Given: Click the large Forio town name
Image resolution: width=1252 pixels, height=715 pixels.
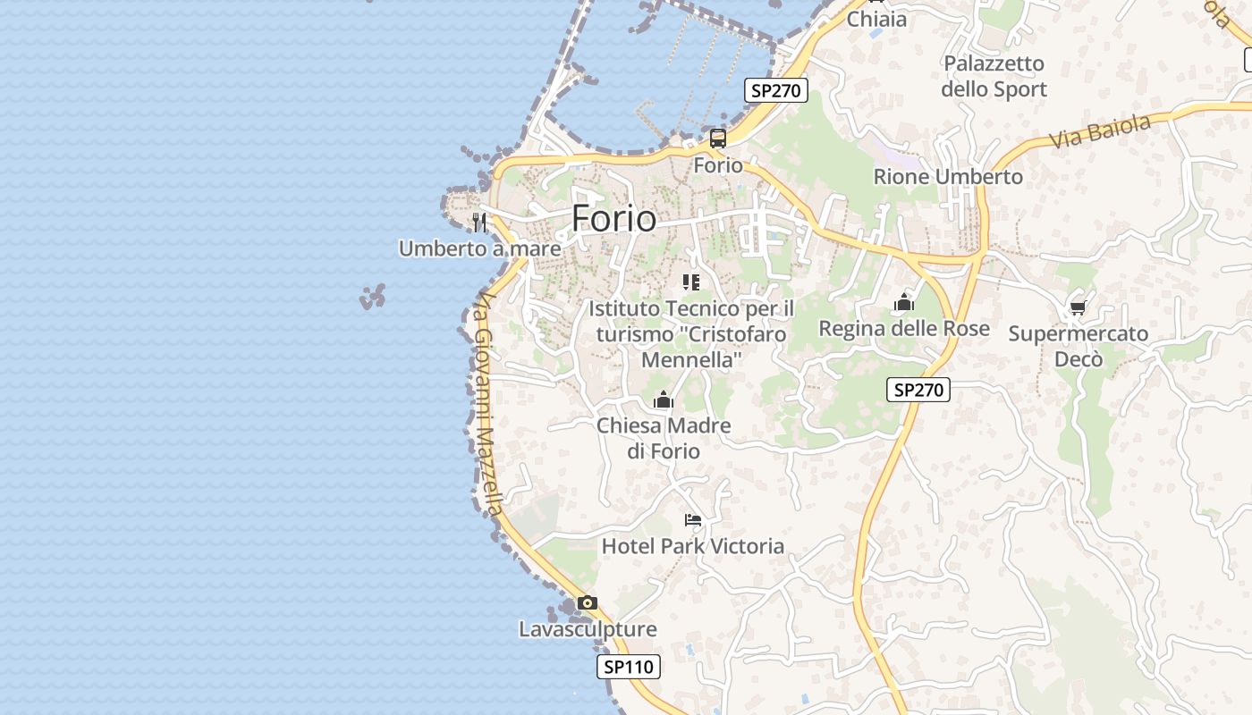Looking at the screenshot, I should coord(613,219).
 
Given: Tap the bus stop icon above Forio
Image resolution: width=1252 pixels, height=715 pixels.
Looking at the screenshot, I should coord(718,139).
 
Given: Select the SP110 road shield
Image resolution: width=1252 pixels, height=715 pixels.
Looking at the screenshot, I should coord(629,667).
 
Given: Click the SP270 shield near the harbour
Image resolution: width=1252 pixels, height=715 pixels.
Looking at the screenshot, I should coord(776,90).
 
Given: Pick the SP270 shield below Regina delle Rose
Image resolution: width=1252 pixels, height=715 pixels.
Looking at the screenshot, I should coord(918,390).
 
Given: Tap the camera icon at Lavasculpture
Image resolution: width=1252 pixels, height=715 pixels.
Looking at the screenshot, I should coord(587,602).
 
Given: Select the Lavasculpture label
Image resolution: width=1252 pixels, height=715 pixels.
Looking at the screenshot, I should coord(588,629).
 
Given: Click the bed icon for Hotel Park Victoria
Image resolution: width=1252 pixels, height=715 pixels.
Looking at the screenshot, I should coord(692,519).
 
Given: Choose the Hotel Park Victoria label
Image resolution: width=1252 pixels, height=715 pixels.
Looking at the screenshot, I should coord(693,546).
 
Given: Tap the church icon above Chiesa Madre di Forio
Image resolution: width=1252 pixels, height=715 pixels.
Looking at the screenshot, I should coord(664,400).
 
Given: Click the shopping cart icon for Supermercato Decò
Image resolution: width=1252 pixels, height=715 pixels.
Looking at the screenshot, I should coord(1078,307).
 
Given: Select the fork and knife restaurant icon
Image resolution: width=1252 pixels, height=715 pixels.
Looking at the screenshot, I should coord(479,222).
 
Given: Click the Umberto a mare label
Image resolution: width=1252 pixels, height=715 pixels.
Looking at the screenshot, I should coord(479,248).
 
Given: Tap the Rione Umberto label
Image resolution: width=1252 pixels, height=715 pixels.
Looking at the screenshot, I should coord(948,177).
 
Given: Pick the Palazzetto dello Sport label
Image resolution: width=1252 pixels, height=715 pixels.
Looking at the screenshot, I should coord(994,76).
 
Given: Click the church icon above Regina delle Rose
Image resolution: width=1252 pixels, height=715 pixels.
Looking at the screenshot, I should coord(904,303).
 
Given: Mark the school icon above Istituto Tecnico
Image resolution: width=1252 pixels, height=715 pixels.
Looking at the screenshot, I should coord(691,282).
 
